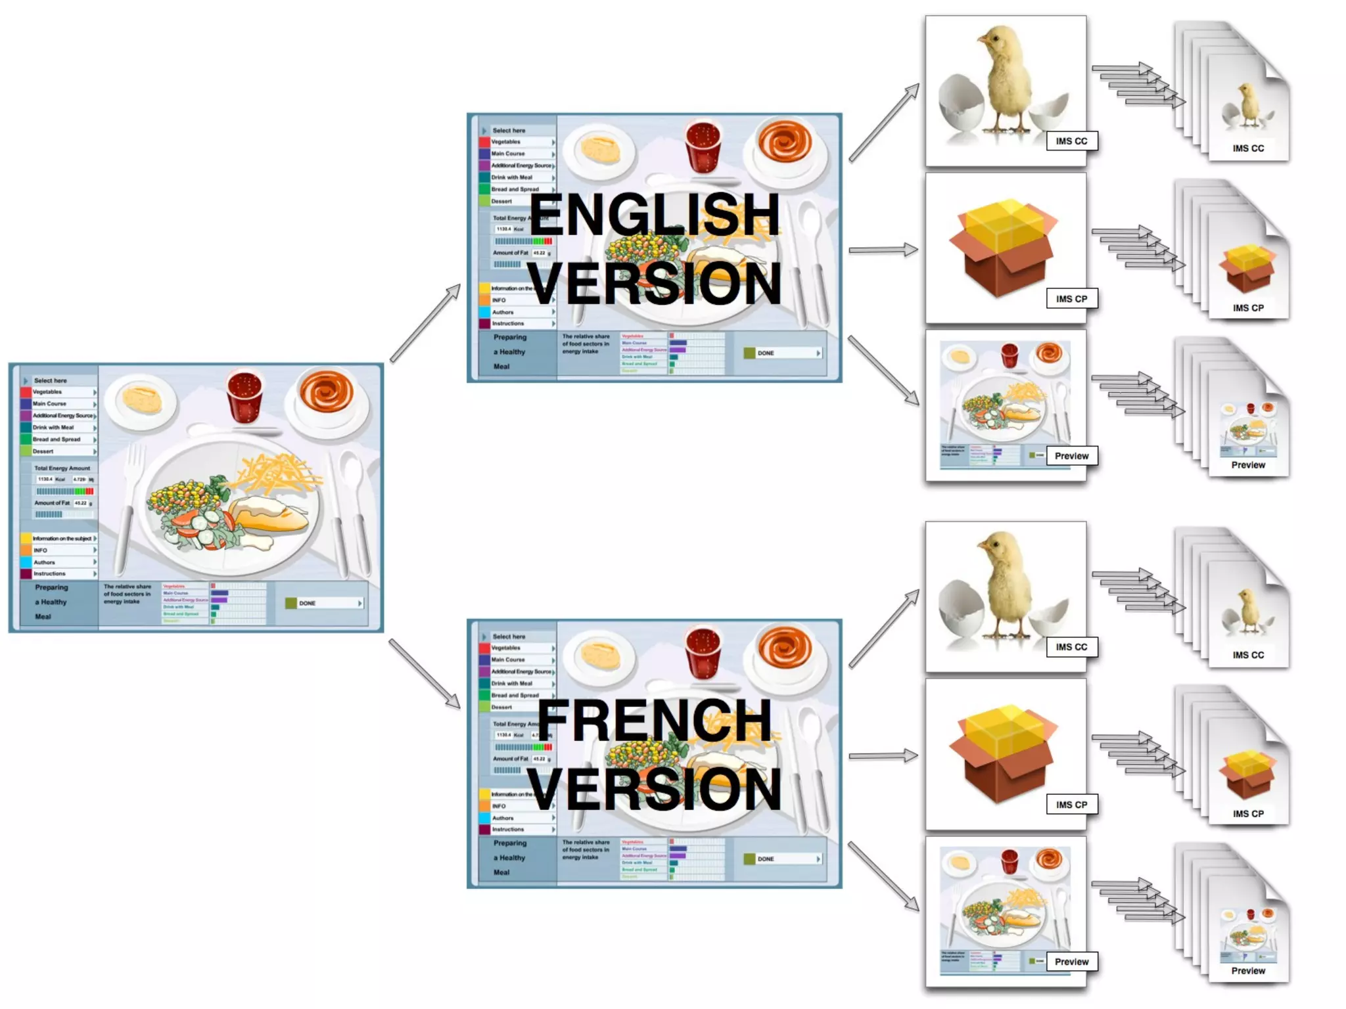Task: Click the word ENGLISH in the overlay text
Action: point(654,214)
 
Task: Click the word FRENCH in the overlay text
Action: point(654,720)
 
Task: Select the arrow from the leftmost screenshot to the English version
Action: point(425,323)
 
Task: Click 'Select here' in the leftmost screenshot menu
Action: point(51,380)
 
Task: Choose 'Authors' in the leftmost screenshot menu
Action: point(45,562)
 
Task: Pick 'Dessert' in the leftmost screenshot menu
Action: point(43,451)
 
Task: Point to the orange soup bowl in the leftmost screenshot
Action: point(326,392)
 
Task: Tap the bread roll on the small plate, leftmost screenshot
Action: point(142,399)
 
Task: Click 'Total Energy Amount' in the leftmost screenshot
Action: point(62,468)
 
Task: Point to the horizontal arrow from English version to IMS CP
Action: point(883,250)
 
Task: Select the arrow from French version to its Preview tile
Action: point(883,876)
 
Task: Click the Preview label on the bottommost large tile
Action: point(1071,962)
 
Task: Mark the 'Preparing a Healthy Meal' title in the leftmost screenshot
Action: point(51,602)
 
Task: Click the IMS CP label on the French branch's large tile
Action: point(1071,805)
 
